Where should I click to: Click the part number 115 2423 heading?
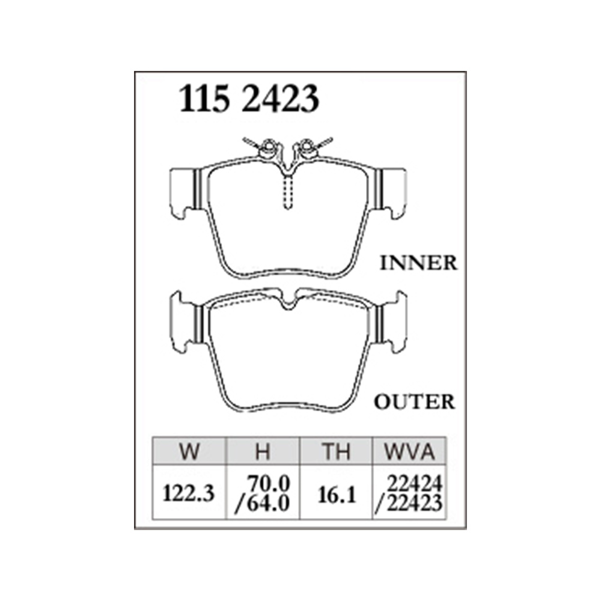tap(249, 99)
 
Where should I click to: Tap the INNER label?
tap(418, 263)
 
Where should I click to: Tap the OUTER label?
tap(415, 401)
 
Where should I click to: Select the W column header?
tap(189, 451)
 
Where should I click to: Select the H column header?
tap(263, 451)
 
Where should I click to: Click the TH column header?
tap(336, 451)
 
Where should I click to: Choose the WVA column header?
tap(409, 451)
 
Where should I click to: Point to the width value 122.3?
tap(189, 493)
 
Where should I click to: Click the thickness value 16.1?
tap(337, 495)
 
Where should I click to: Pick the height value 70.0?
tap(268, 484)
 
